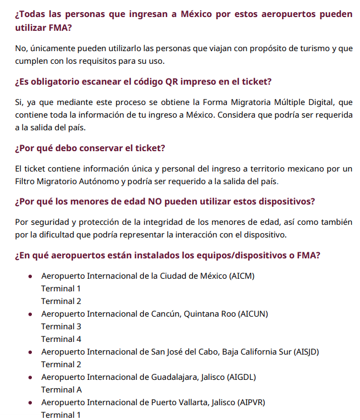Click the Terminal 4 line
[x=61, y=339]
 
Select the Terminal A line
[x=62, y=390]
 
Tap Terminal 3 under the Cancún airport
[x=61, y=327]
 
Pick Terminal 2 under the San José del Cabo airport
[x=61, y=364]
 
